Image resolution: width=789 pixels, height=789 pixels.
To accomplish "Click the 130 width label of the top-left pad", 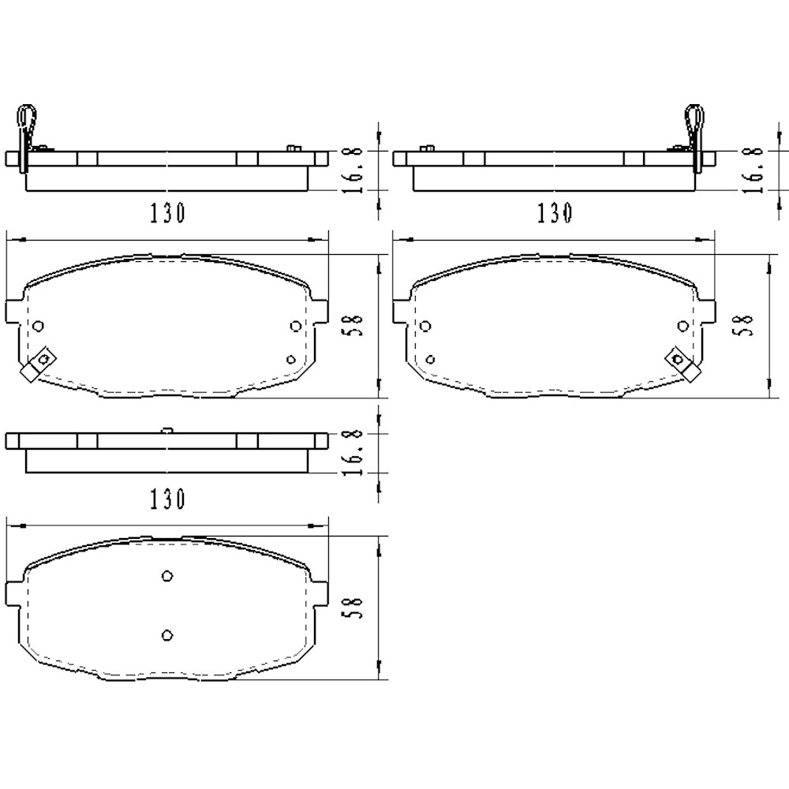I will tap(166, 213).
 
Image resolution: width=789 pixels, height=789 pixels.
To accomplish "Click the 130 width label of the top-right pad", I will tap(554, 213).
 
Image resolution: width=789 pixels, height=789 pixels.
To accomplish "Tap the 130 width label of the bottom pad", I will tap(166, 499).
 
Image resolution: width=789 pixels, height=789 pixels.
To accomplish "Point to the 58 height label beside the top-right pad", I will tap(744, 325).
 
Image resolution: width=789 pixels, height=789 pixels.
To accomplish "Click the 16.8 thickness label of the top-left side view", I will tap(355, 168).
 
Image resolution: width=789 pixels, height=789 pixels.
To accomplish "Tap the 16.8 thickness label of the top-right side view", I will tap(755, 168).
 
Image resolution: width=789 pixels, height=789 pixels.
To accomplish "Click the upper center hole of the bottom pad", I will tap(166, 576).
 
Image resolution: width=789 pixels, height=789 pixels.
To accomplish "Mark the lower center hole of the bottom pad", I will tap(166, 634).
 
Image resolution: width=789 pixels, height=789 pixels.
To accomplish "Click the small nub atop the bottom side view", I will tap(166, 430).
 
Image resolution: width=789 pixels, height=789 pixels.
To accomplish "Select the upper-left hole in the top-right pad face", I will tap(426, 326).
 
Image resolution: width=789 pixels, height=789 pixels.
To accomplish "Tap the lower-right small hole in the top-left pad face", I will tap(291, 360).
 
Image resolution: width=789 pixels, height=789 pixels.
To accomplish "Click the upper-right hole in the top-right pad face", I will tap(683, 326).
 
